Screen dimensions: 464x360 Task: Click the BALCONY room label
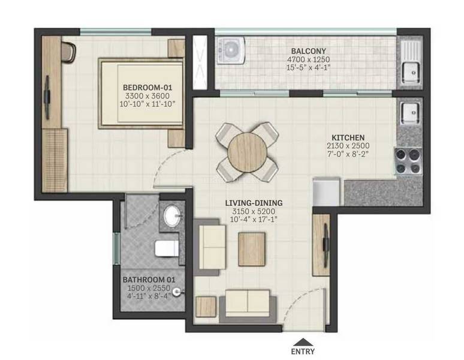pos(308,51)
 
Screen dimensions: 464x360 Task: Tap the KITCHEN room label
pos(348,137)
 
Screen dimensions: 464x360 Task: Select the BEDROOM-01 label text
pos(147,88)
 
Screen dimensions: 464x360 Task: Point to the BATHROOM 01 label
pos(149,280)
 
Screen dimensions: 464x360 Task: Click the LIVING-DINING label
pos(254,203)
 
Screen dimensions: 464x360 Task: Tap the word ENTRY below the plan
pos(303,352)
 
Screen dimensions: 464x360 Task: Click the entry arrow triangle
pos(303,342)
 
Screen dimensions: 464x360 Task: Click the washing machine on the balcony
pos(231,50)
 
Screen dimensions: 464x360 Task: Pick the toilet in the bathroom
pos(167,248)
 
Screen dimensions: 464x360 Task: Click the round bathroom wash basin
pos(172,217)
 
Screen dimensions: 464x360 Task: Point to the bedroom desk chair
pos(69,51)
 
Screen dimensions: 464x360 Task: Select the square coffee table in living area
pos(252,249)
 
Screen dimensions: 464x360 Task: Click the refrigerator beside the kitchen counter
pos(326,191)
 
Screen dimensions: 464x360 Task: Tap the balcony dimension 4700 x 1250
pos(308,59)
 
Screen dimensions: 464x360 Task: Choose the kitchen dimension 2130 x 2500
pos(348,146)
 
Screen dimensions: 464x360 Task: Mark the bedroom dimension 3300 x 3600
pos(147,96)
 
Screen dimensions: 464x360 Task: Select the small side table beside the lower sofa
pos(206,307)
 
